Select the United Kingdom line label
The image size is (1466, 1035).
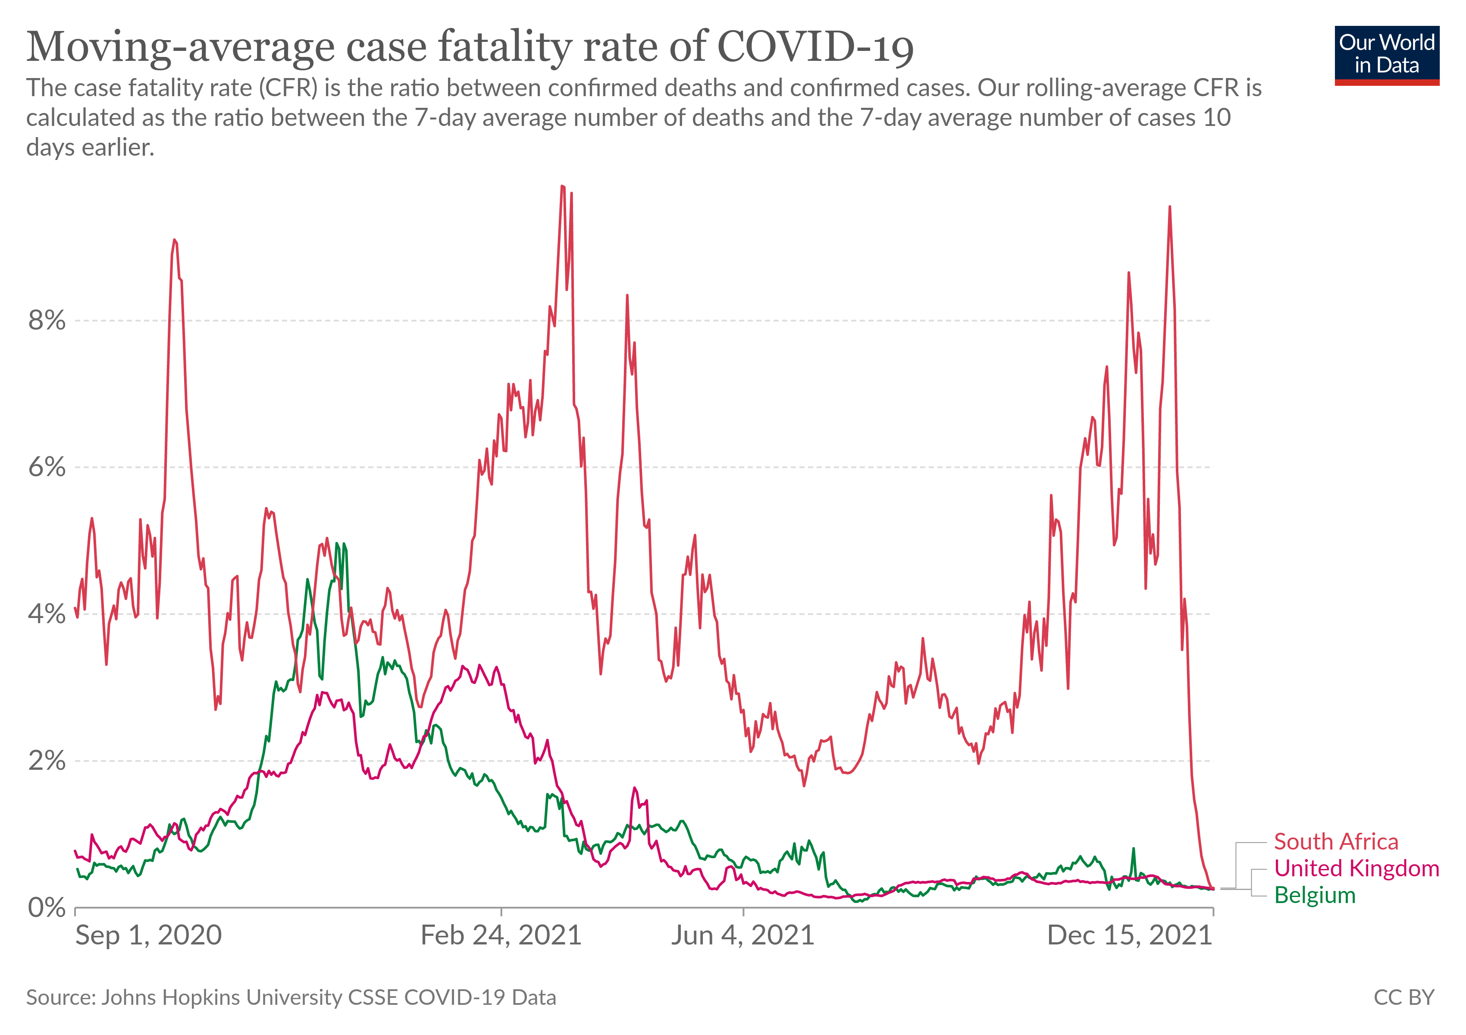[1356, 869]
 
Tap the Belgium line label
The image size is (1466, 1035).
[1315, 895]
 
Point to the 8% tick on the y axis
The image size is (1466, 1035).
[47, 320]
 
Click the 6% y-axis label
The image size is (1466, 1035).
[47, 467]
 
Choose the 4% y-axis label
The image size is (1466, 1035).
[47, 614]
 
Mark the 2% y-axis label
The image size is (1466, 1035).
[47, 761]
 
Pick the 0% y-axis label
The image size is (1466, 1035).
[47, 907]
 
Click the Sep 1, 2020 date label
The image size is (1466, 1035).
[148, 936]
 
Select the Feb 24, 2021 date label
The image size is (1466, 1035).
[501, 936]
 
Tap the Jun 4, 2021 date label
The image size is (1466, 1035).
[742, 936]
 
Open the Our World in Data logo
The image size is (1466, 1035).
[1387, 55]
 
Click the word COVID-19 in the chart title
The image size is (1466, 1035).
[815, 47]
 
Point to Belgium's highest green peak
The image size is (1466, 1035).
[337, 543]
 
